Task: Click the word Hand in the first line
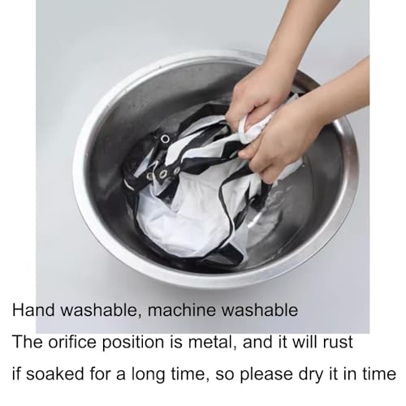[x=33, y=309]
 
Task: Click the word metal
[x=211, y=342]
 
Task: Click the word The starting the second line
[x=28, y=342]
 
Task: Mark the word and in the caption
[x=258, y=342]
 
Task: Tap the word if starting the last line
[x=16, y=374]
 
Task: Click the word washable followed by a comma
[x=101, y=309]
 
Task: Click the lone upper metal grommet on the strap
[x=165, y=139]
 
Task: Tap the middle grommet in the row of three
[x=162, y=174]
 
